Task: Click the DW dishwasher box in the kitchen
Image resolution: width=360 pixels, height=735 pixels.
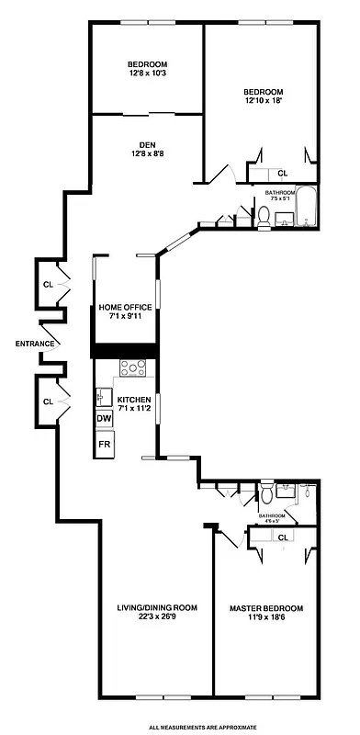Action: (105, 419)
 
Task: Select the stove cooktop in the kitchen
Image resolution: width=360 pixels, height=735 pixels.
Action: (134, 368)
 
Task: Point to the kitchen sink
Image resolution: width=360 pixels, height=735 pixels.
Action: (104, 398)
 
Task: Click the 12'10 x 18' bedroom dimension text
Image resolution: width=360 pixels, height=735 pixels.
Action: (263, 102)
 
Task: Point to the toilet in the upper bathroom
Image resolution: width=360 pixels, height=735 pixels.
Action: (264, 217)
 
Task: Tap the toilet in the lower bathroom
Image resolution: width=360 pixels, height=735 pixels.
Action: (267, 497)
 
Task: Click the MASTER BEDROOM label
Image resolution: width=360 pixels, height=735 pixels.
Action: (266, 608)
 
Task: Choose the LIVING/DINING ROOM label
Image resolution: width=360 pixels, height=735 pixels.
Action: (157, 607)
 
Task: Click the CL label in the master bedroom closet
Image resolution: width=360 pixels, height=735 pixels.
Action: (283, 537)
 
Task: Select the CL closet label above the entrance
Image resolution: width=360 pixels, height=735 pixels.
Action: (47, 284)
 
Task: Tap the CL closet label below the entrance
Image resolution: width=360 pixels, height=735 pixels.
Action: (47, 401)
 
